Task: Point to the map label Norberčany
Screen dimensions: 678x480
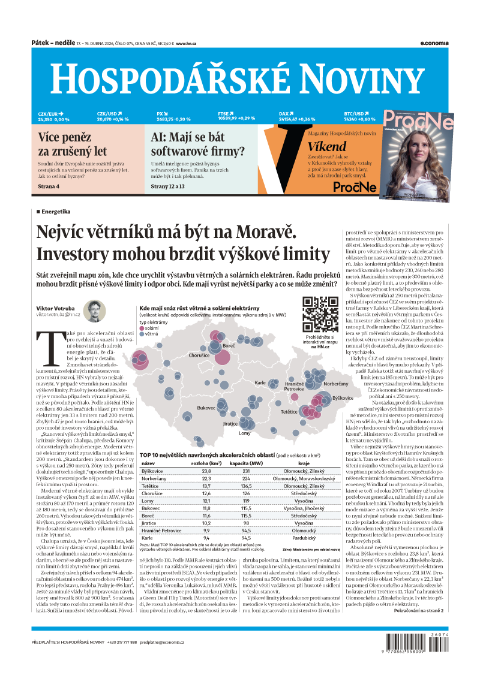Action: point(335,383)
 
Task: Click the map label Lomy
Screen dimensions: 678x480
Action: point(245,433)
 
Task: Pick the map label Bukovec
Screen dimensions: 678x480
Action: point(206,408)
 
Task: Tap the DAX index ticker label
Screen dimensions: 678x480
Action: point(284,113)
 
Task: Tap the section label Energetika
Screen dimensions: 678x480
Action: point(56,212)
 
